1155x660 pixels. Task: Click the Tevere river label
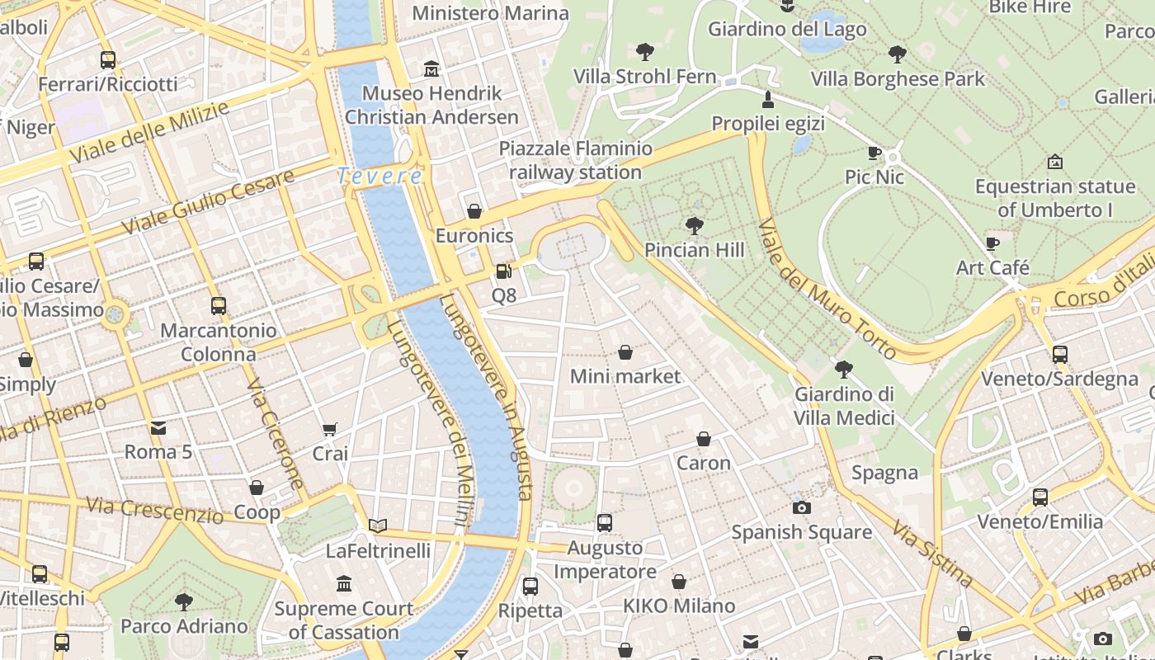tap(379, 176)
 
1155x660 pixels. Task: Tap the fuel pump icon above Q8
tap(503, 271)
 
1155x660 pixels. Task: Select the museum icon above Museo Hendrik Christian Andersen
tap(431, 68)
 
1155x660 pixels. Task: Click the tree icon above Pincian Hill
tap(695, 225)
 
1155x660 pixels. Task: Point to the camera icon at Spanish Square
tap(801, 507)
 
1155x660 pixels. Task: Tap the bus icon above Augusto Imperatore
tap(605, 522)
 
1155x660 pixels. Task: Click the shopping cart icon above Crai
tap(330, 429)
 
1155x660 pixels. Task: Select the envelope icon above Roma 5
tap(158, 427)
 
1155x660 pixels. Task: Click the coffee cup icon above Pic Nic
tap(874, 153)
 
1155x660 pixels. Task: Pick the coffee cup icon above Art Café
tap(992, 243)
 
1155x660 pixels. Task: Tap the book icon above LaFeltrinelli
tap(378, 526)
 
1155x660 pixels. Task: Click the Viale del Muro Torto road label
tap(826, 290)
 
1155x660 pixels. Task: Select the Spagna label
tap(884, 473)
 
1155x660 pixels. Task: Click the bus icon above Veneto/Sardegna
tap(1059, 355)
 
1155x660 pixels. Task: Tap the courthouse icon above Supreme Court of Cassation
tap(344, 584)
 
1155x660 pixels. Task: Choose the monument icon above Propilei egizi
tap(768, 100)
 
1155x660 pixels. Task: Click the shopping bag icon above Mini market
tap(625, 352)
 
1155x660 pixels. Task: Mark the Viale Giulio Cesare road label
tap(208, 201)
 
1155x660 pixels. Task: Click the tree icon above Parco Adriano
tap(184, 601)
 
